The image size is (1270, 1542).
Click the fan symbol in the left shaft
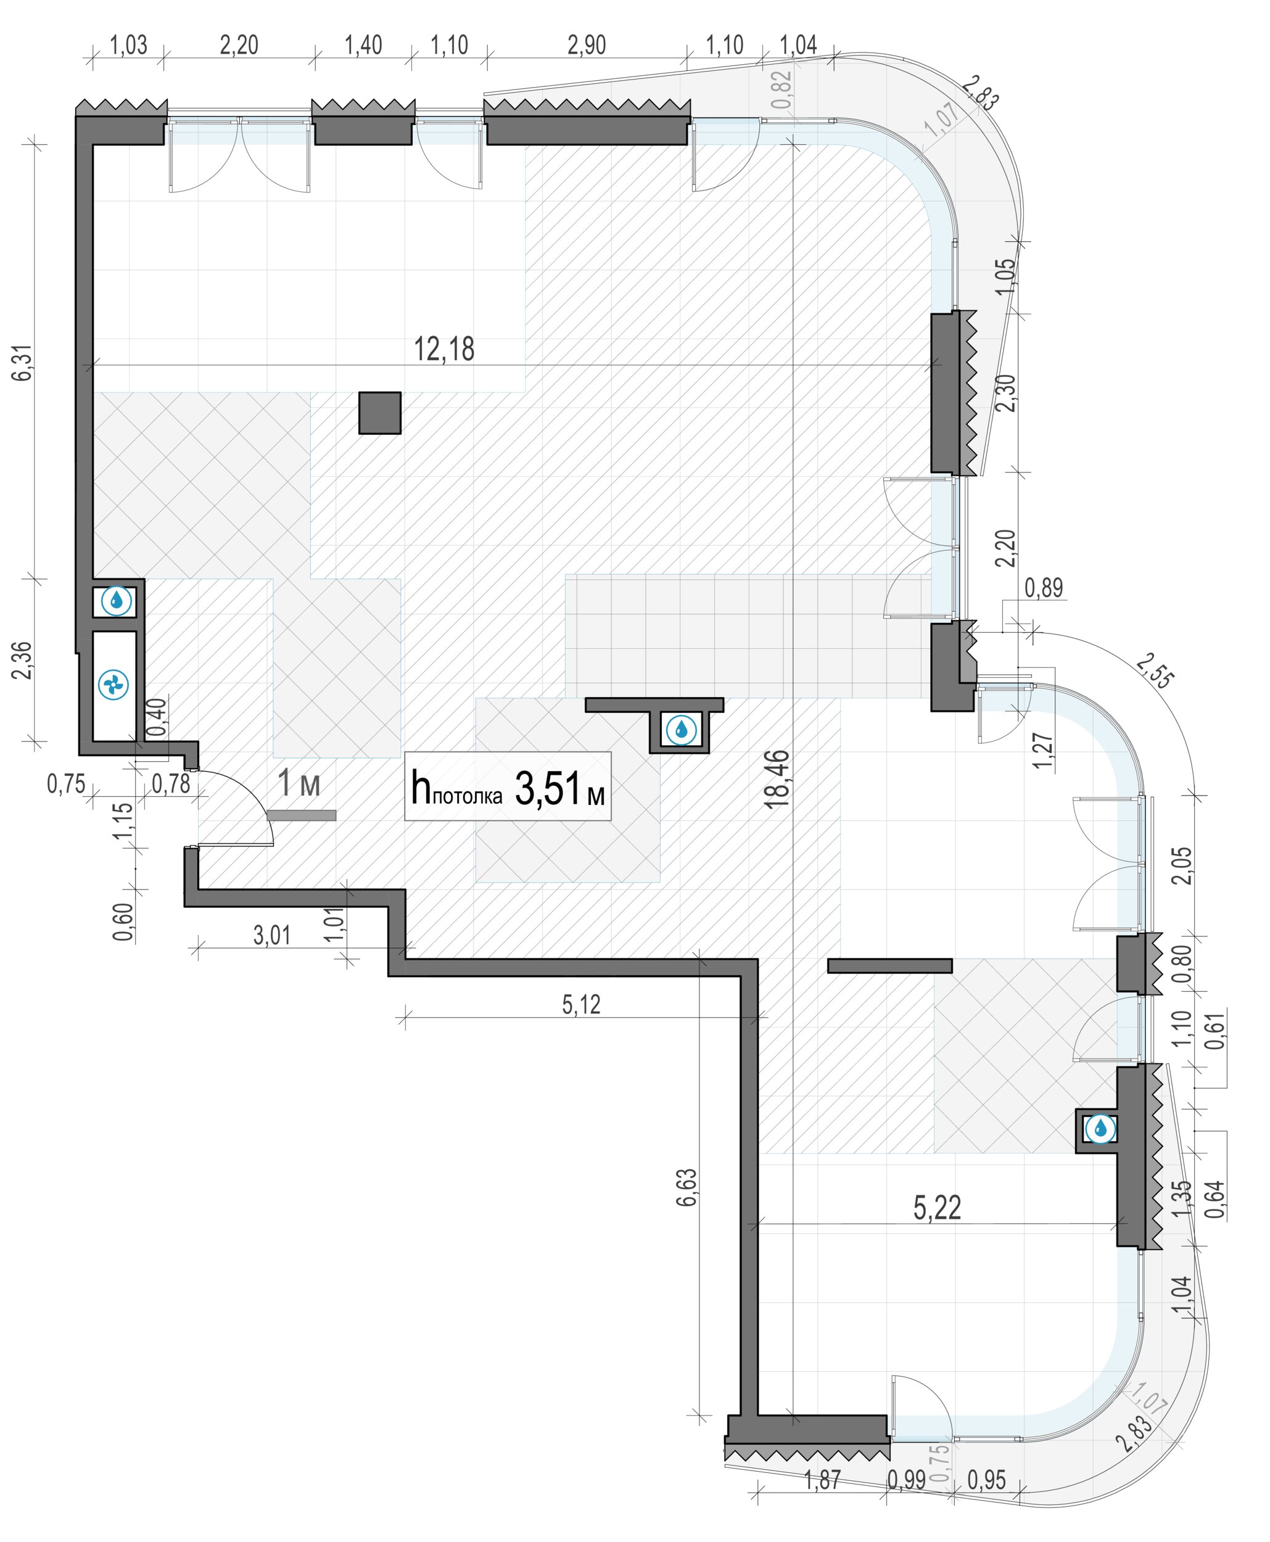tap(113, 685)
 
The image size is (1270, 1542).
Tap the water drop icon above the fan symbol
tap(117, 601)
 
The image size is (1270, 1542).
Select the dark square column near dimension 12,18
tap(380, 413)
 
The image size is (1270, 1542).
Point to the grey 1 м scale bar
tap(302, 815)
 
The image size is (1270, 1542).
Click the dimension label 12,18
tap(444, 349)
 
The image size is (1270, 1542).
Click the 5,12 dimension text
tap(582, 1004)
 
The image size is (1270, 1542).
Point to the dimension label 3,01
tap(271, 935)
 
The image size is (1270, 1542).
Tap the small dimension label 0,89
tap(1044, 587)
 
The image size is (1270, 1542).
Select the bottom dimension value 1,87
tap(822, 1480)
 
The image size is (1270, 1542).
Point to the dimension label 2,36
tap(22, 661)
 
